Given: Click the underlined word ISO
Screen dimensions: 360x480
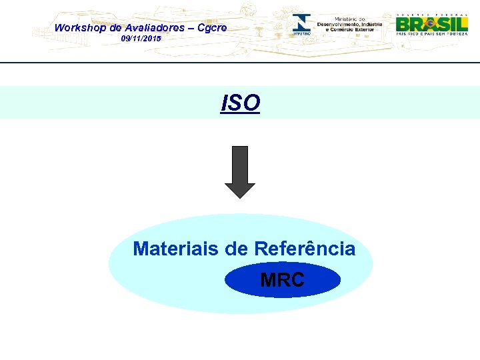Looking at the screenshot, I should pos(240,103).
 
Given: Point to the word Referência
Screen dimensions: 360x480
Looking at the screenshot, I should pos(304,249).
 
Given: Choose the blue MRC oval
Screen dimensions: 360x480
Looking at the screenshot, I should pos(283,280).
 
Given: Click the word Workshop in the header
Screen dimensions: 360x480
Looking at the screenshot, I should pos(79,28).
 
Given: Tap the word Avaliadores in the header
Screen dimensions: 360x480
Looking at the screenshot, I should pos(154,28).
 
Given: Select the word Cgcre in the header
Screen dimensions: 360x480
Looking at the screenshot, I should pos(212,28).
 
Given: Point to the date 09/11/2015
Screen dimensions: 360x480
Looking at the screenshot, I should pos(141,39).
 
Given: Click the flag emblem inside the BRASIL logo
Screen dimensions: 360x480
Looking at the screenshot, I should pos(430,23).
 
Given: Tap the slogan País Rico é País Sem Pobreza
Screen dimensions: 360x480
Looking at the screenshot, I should pos(431,33).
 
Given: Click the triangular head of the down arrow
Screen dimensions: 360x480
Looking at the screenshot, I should pos(239,189).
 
